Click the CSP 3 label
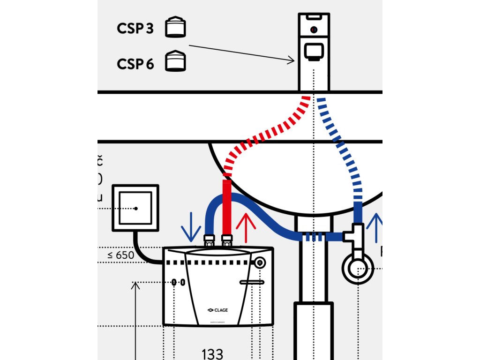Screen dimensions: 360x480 coord(135,28)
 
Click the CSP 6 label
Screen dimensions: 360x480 coord(135,64)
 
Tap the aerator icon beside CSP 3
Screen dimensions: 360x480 coord(175,27)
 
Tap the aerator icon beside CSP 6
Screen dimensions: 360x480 coord(175,61)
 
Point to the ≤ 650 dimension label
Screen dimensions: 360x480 coord(121,255)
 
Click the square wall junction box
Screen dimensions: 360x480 coord(135,208)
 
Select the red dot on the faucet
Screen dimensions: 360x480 coord(314,30)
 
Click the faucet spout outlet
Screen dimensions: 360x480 coord(314,51)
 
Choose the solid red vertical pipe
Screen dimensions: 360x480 coord(227,206)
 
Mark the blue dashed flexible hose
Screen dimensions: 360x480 coord(345,145)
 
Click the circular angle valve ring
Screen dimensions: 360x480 coord(357,269)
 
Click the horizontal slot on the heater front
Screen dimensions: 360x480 coord(252,282)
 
